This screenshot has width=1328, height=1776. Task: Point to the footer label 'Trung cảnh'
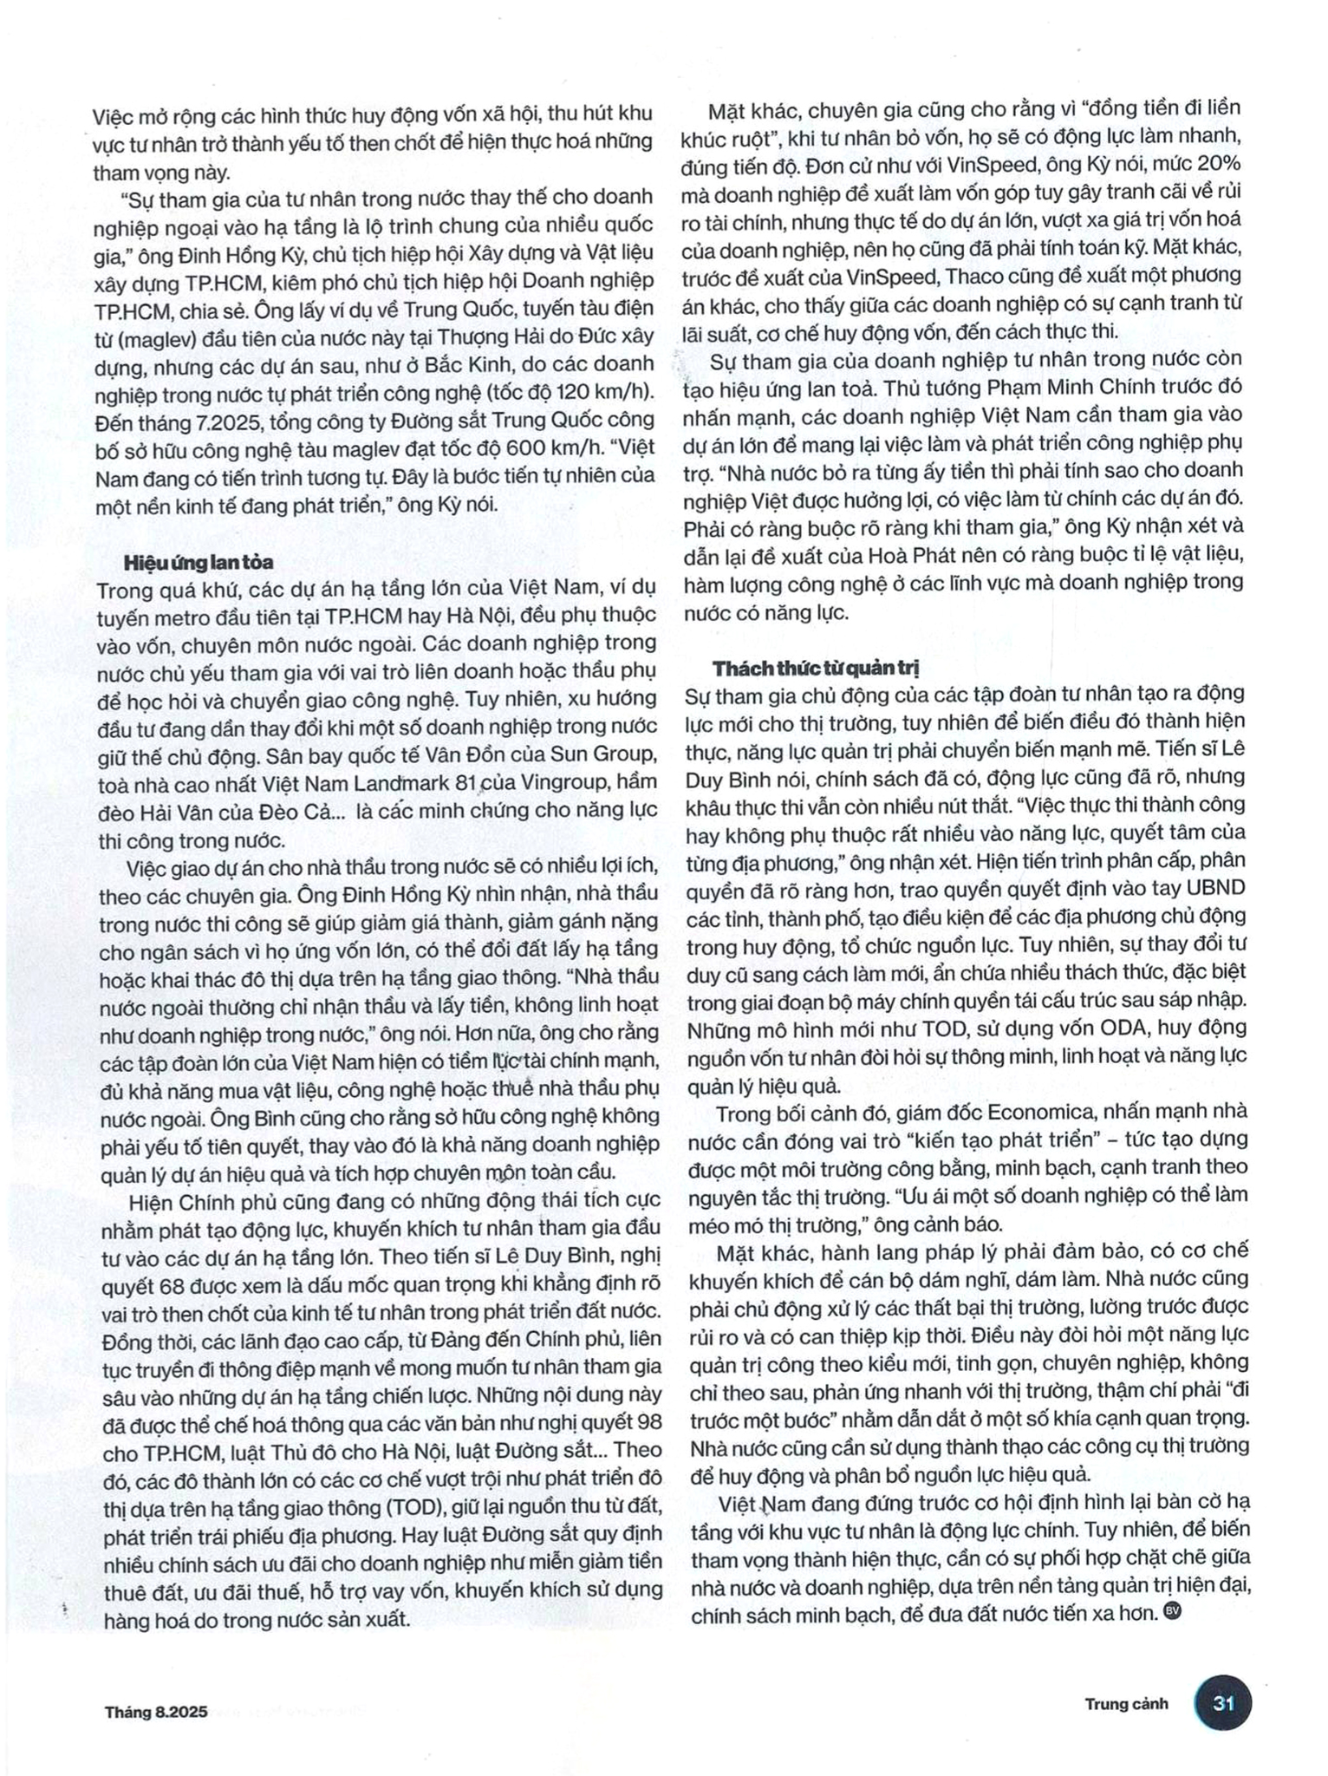point(1126,1703)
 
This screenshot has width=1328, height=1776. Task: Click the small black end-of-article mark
point(1172,1609)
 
